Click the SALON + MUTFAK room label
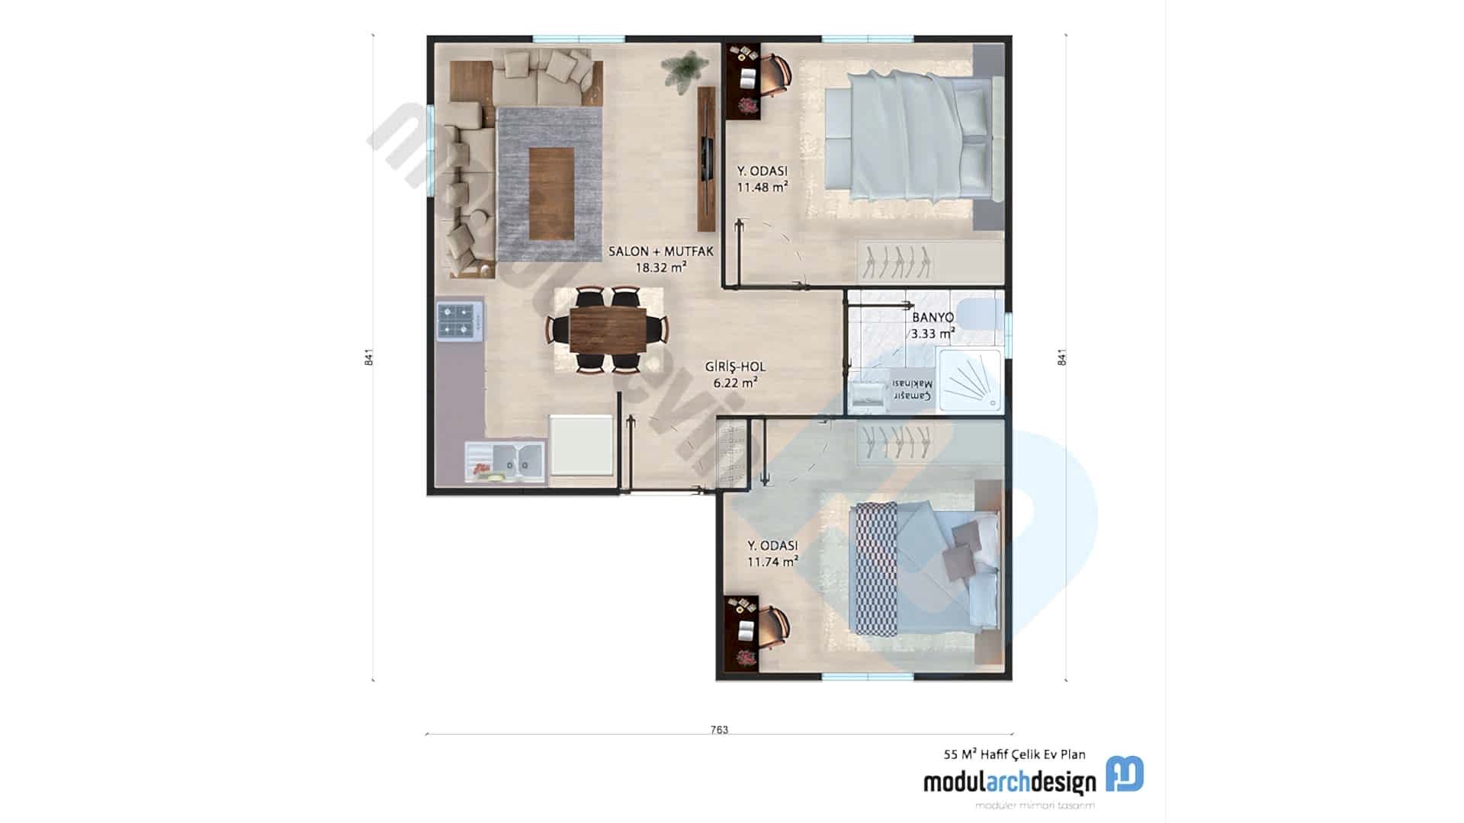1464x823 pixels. click(x=660, y=251)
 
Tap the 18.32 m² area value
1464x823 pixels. click(x=660, y=267)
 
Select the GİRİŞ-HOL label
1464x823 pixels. click(x=735, y=367)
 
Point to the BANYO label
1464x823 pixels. click(x=933, y=317)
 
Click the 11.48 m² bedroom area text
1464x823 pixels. click(x=762, y=187)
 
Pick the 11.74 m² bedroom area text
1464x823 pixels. click(x=772, y=562)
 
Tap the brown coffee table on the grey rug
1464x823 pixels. click(x=551, y=193)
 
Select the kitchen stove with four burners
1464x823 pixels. click(x=460, y=322)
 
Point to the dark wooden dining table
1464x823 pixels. click(x=608, y=329)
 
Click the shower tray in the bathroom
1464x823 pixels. click(x=969, y=380)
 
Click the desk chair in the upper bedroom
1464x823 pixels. click(x=776, y=75)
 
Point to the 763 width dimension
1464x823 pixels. click(x=719, y=730)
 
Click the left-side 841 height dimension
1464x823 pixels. click(x=368, y=357)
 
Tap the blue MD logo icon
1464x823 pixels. click(x=1125, y=774)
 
